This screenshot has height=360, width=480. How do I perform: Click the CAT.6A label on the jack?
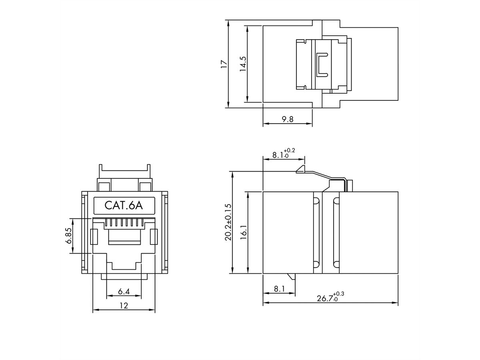124,206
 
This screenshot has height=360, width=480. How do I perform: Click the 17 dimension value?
224,64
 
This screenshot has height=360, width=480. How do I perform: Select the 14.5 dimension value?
243,64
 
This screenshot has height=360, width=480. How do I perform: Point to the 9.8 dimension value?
287,119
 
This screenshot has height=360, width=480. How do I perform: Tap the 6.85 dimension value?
68,236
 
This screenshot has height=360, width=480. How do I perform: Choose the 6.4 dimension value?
124,291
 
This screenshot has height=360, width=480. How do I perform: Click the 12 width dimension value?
124,305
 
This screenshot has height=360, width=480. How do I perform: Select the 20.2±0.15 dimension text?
228,222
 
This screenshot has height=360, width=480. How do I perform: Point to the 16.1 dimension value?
243,232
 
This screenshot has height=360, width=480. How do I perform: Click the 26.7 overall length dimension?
325,298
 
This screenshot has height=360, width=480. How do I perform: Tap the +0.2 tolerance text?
289,150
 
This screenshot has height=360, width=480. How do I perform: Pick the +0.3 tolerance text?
338,294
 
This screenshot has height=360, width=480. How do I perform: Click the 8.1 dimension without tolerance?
279,289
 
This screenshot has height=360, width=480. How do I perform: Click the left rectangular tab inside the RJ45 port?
94,237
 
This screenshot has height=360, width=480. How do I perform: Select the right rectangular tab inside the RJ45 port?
154,237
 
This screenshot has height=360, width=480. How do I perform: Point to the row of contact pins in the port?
124,223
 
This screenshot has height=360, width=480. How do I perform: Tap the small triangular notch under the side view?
292,276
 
